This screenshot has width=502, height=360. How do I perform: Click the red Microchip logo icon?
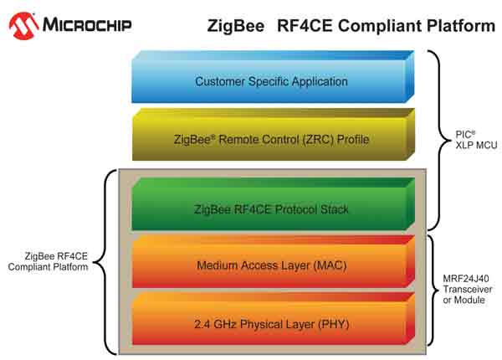[x=24, y=25]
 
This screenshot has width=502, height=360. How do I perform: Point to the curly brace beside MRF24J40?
[x=433, y=289]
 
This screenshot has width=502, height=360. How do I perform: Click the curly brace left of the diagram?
[x=107, y=260]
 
